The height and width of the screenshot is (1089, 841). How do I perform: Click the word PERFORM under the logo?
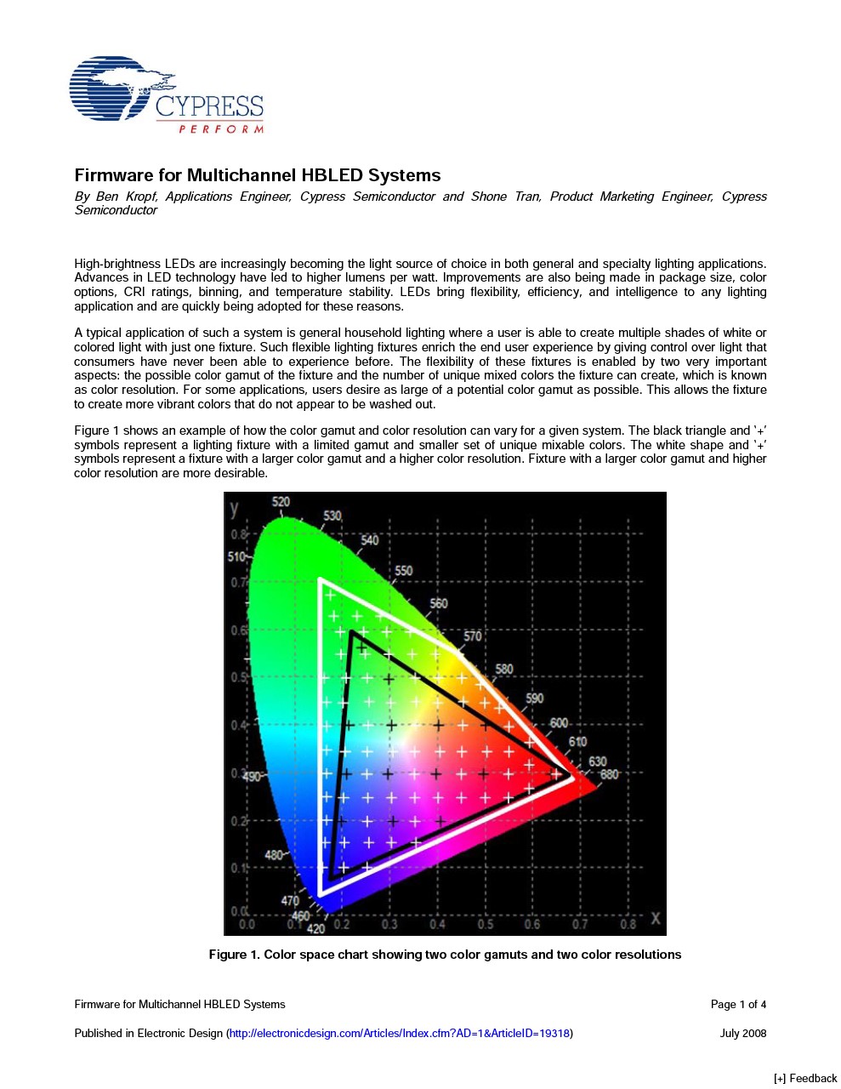click(x=221, y=129)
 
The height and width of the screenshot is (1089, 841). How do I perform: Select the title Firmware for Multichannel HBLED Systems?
click(x=258, y=175)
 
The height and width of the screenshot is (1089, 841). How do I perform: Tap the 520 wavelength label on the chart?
click(x=281, y=502)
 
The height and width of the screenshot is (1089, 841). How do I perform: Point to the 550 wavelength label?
click(x=403, y=571)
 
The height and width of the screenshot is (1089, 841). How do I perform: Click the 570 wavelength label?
click(x=473, y=636)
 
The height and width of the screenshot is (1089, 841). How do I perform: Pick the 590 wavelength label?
click(x=534, y=698)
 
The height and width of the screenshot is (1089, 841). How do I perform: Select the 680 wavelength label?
click(x=610, y=774)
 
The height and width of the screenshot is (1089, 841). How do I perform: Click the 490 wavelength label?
click(x=253, y=777)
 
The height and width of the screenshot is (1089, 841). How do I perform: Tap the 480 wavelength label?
click(x=274, y=855)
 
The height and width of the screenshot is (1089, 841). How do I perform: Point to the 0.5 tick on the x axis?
click(x=485, y=924)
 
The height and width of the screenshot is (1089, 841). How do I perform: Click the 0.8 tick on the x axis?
click(x=628, y=924)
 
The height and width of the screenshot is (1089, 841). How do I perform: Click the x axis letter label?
click(x=655, y=919)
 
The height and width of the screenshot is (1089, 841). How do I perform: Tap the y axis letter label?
click(x=234, y=508)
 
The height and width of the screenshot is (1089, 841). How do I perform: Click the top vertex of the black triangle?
click(x=351, y=631)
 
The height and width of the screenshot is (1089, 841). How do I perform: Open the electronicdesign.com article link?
click(x=400, y=1034)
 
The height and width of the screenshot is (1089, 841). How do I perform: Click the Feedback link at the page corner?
click(x=805, y=1078)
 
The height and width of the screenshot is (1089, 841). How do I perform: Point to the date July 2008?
click(x=743, y=1034)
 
